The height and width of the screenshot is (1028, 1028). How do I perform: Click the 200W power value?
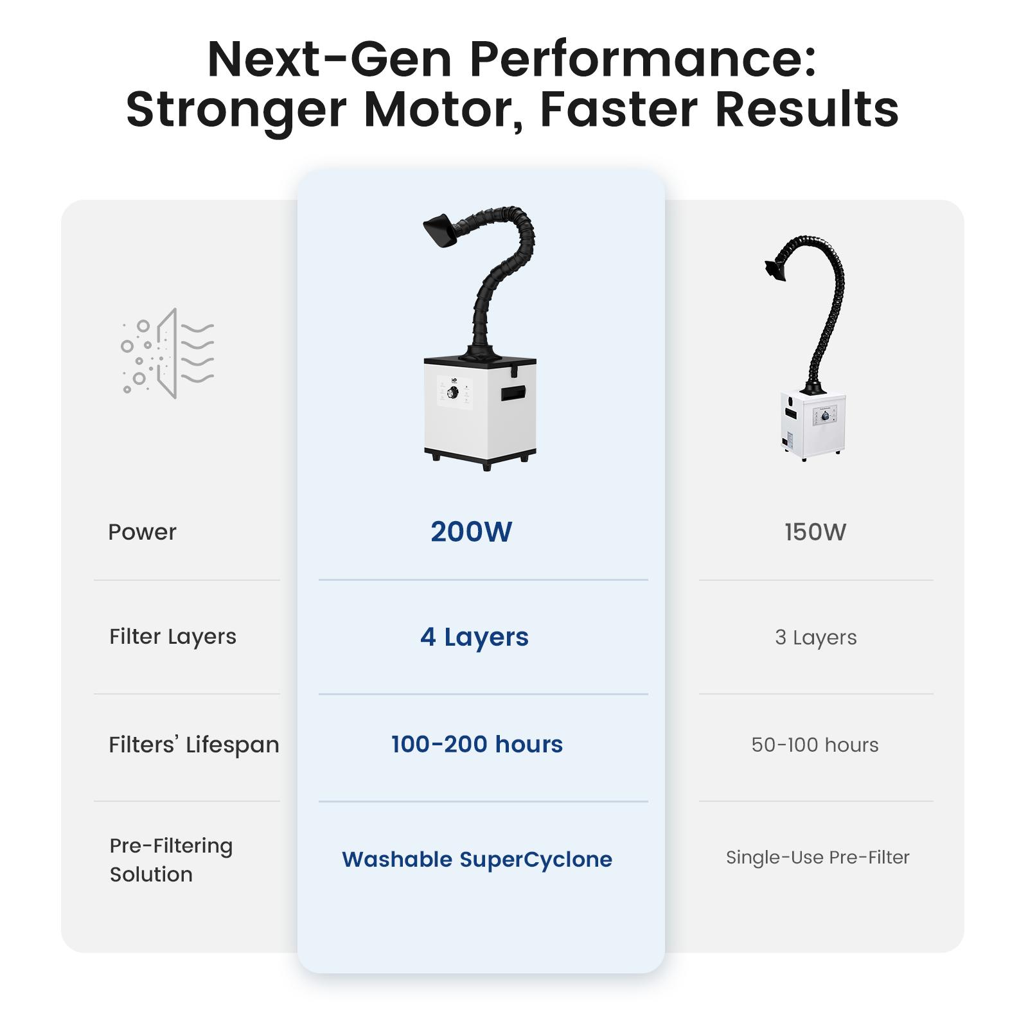(x=471, y=532)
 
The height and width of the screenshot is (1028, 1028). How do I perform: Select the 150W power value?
(x=815, y=532)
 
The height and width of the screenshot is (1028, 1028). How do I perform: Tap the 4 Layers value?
(x=474, y=637)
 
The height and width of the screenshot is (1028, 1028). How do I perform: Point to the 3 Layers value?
(x=816, y=637)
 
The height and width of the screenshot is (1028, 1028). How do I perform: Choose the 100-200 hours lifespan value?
(x=477, y=744)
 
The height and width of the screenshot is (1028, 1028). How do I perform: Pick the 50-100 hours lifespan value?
(x=815, y=745)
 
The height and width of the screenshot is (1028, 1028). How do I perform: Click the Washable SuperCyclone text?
(x=477, y=860)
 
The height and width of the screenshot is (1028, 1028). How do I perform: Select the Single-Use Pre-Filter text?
(x=818, y=858)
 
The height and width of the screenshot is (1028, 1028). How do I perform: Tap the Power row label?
(x=142, y=532)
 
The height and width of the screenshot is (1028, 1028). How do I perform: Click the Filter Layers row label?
(x=173, y=637)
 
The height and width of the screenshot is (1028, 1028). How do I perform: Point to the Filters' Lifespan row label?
(x=194, y=745)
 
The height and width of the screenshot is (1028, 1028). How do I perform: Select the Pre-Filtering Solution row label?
(x=171, y=860)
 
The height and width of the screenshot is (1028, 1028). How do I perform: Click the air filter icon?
(x=168, y=353)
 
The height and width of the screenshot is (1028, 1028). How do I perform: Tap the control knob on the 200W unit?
(x=453, y=392)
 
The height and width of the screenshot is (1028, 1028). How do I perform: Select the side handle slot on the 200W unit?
(x=513, y=393)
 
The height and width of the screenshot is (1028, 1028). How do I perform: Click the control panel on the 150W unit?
(x=825, y=416)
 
